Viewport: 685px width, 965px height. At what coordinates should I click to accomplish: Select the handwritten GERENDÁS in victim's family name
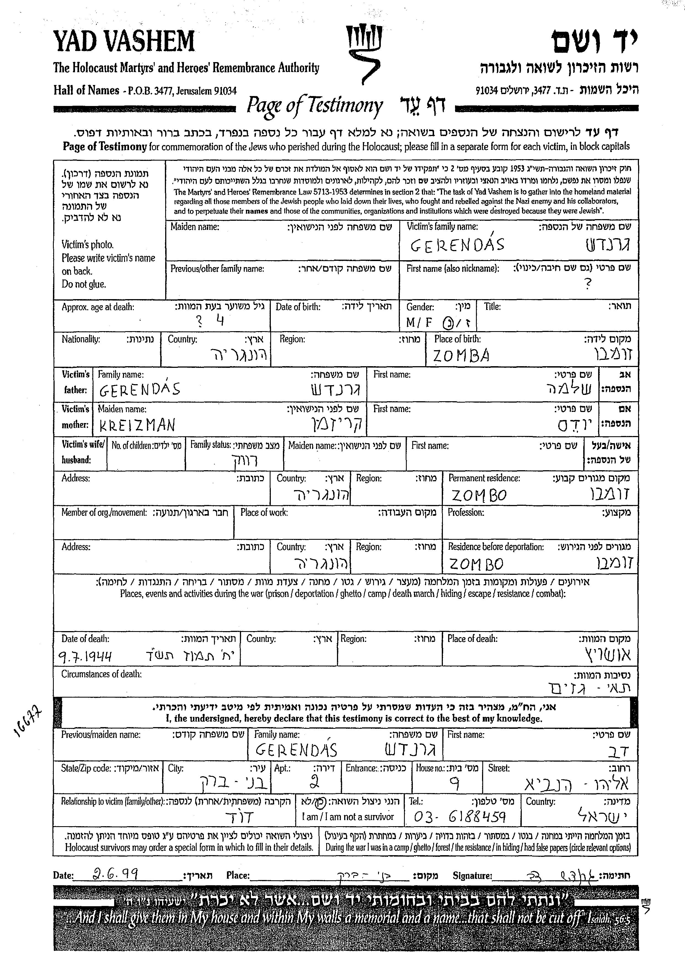pos(457,245)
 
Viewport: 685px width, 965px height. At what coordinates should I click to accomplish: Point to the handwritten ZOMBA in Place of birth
pos(461,356)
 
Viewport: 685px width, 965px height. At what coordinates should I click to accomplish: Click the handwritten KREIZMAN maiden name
pos(137,425)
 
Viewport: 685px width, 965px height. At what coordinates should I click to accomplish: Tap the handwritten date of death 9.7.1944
pos(85,656)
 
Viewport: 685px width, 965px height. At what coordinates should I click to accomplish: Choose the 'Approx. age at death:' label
pos(98,307)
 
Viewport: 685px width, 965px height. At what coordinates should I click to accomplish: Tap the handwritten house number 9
pos(454,784)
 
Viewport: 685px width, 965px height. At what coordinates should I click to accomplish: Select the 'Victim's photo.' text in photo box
pos(87,244)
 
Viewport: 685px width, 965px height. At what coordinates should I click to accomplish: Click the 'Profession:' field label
pos(466,512)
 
